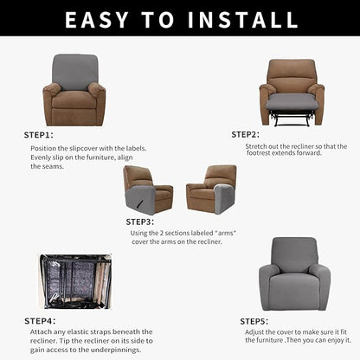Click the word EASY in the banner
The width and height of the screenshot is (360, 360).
pos(97,20)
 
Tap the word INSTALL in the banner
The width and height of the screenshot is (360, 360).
pos(242,20)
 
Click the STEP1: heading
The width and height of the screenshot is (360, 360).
pos(39,135)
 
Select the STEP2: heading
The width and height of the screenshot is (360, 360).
pos(246,134)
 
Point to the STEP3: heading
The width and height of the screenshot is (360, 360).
pos(140,222)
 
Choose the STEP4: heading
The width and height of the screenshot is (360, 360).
pos(40,321)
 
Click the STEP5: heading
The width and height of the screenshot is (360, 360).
pos(254,321)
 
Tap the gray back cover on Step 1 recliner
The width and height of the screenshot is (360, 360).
pos(75,71)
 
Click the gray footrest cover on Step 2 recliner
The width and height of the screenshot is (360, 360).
pos(292,101)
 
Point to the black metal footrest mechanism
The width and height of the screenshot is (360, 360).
pos(292,118)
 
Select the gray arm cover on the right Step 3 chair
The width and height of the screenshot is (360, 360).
pos(222,198)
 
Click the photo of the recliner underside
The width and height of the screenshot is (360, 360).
pos(74,281)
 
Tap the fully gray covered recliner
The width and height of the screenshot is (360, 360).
pos(294,274)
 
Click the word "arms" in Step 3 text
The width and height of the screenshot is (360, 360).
pos(225,233)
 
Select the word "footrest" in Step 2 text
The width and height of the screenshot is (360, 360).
pos(258,153)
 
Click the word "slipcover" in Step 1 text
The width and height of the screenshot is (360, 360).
pos(83,148)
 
